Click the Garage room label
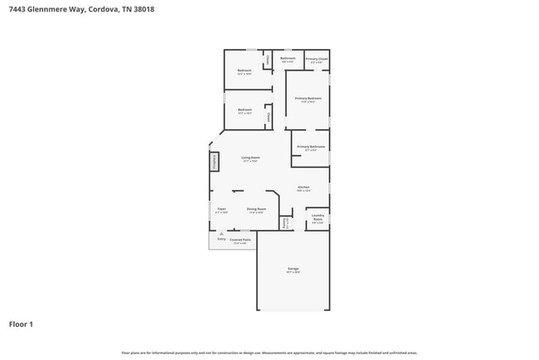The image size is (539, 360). tap(293, 270)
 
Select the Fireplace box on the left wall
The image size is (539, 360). tap(214, 162)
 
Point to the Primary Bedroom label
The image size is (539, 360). tap(308, 99)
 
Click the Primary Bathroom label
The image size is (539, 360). tap(311, 148)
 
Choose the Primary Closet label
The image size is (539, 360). tap(316, 60)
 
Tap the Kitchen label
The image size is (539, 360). tap(303, 187)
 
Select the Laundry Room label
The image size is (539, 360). tap(317, 219)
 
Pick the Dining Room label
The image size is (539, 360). tap(256, 210)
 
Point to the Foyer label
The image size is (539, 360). tap(221, 210)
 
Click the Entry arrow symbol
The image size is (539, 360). tap(221, 235)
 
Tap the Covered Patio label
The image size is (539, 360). tap(240, 241)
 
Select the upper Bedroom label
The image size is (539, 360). tap(245, 71)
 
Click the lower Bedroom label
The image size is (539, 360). tap(245, 110)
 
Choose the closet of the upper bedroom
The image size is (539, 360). tap(267, 61)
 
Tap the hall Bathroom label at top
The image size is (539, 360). tap(288, 59)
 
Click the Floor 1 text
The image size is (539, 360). tap(21, 324)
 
